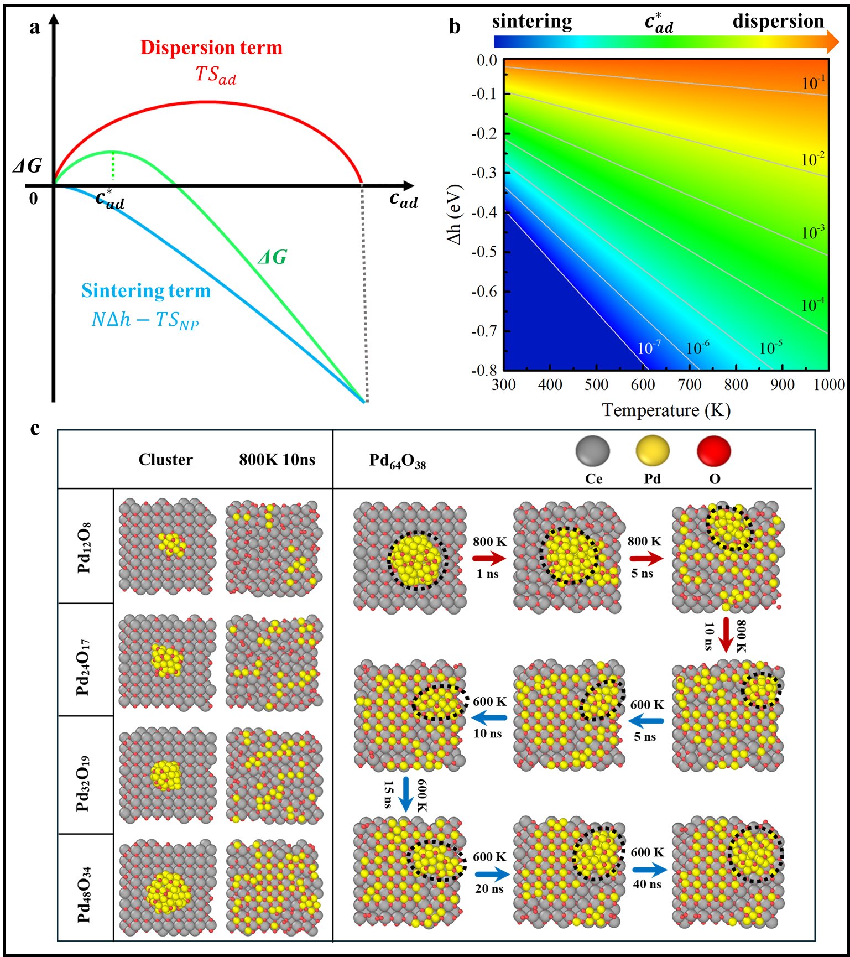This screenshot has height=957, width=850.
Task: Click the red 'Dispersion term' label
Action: pos(211,48)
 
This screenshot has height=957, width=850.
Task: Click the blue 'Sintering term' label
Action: pos(146,291)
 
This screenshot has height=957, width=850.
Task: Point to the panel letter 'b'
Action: pos(455,26)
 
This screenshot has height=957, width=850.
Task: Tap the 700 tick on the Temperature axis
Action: pos(690,384)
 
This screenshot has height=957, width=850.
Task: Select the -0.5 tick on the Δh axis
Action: pos(485,252)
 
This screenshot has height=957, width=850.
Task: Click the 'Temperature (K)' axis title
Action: pos(666,410)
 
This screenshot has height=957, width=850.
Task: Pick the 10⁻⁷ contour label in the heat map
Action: pos(649,348)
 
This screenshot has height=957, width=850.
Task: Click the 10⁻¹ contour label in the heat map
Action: pos(814,82)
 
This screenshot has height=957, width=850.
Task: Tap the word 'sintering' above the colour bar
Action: pos(532,22)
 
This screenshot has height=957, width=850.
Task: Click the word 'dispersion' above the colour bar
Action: pos(778,21)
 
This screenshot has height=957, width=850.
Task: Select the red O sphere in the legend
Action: pos(714,452)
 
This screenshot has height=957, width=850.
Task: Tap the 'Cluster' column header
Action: pos(166,460)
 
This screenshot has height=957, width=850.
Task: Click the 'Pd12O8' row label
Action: pos(84,547)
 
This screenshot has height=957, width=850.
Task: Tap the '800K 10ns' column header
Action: pos(277,460)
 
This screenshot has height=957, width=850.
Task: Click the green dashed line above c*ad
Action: pos(113,166)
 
